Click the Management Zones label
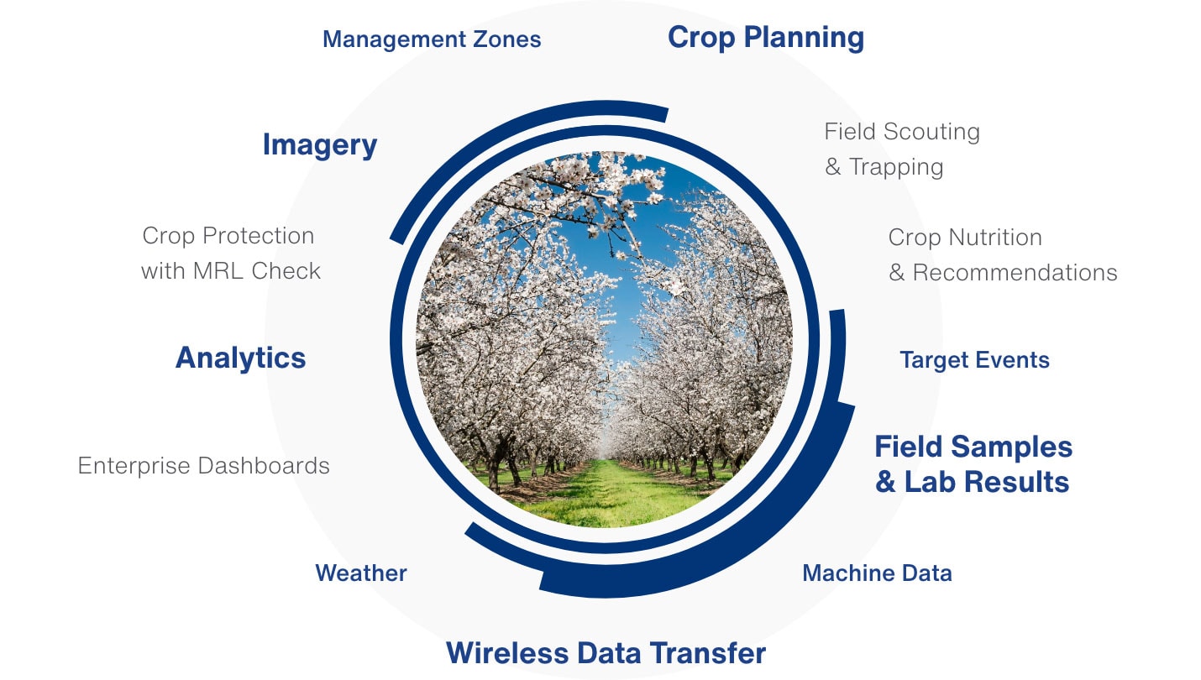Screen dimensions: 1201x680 coord(432,39)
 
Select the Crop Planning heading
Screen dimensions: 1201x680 coord(766,38)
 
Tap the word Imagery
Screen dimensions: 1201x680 coord(319,144)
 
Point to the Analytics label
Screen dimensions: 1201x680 coord(240,358)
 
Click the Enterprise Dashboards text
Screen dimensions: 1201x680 coord(204,465)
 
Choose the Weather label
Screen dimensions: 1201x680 coord(361,573)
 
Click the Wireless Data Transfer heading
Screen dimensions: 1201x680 coord(606,652)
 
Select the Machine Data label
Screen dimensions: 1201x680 coord(877,573)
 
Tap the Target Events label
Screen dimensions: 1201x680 coord(975,360)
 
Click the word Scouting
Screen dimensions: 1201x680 coord(932,132)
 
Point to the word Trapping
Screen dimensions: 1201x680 coord(896,167)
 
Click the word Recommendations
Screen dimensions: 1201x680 coord(1015,272)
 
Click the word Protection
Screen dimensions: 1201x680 coord(259,236)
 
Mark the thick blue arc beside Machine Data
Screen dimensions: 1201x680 coord(751,541)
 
